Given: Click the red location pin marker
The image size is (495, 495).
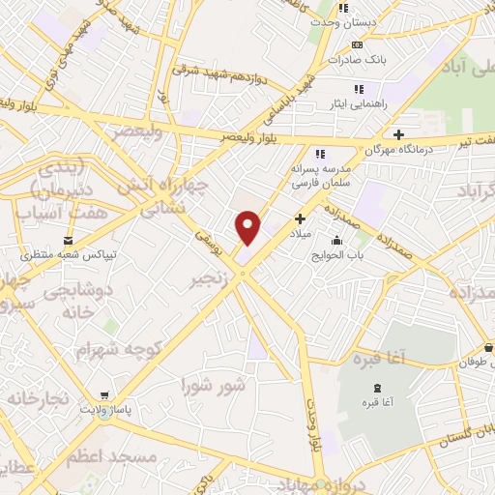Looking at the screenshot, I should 248,226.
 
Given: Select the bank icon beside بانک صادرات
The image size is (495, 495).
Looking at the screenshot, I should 358,44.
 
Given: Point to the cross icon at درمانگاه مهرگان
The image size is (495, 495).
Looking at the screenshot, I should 396,134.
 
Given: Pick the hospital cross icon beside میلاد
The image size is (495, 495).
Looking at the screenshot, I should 300,218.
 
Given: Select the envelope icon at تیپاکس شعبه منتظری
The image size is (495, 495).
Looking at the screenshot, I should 68,239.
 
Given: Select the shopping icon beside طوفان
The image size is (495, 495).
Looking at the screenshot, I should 489,348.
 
